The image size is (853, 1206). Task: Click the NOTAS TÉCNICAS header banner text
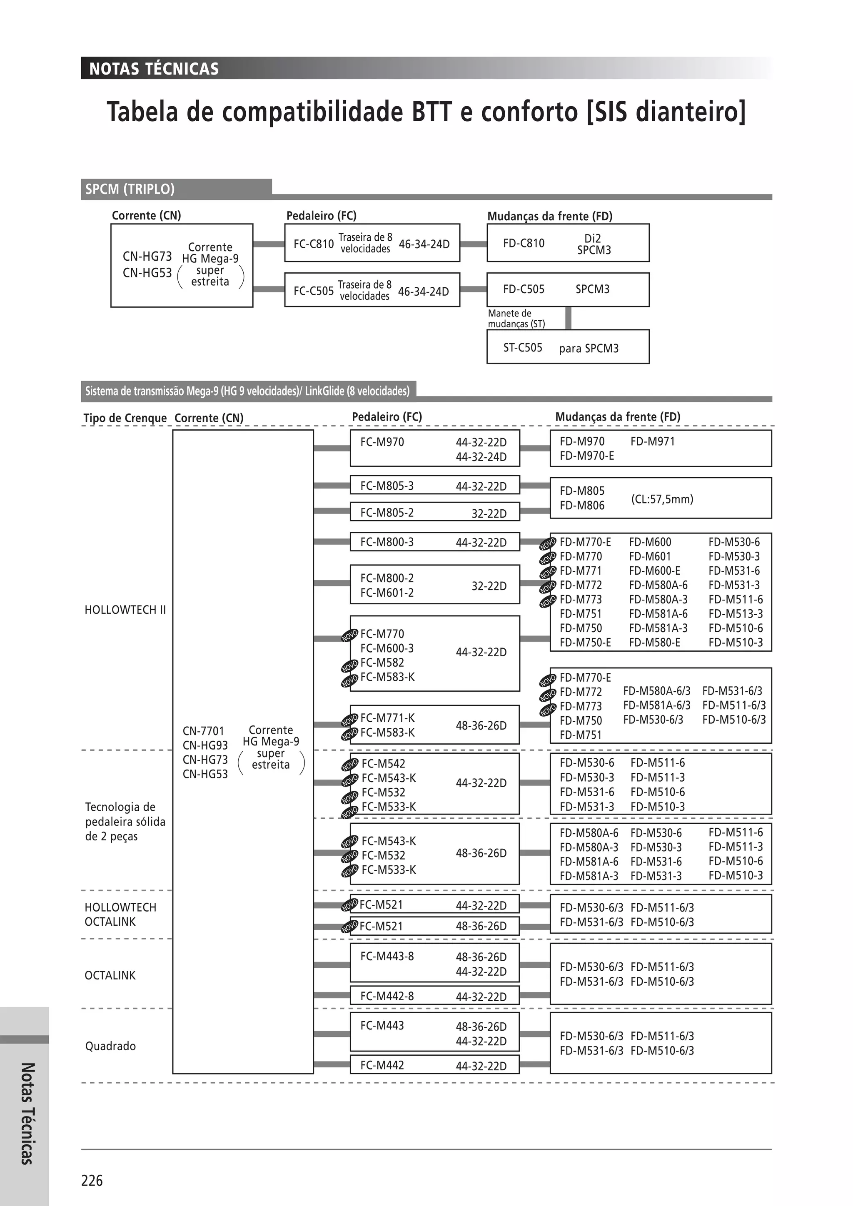[x=154, y=69]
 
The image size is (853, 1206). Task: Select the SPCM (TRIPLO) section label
[x=130, y=189]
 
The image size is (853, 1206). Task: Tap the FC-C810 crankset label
[x=314, y=244]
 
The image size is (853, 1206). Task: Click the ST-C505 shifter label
[x=523, y=347]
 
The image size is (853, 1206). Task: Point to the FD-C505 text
[x=524, y=289]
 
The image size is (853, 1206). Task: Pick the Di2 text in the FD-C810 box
[x=593, y=239]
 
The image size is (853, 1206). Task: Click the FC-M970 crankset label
[x=382, y=442]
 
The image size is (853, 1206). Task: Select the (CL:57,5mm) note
[x=662, y=498]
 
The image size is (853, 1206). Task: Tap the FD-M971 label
[x=652, y=441]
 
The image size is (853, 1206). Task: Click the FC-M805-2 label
[x=387, y=512]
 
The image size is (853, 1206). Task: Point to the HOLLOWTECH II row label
[x=125, y=610]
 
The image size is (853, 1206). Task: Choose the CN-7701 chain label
[x=203, y=731]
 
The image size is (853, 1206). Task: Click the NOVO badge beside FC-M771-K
[x=350, y=720]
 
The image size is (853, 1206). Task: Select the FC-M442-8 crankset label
[x=387, y=995]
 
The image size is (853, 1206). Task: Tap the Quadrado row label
[x=110, y=1046]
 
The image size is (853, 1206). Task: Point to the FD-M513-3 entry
[x=736, y=613]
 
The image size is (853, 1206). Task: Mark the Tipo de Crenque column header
[x=125, y=418]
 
